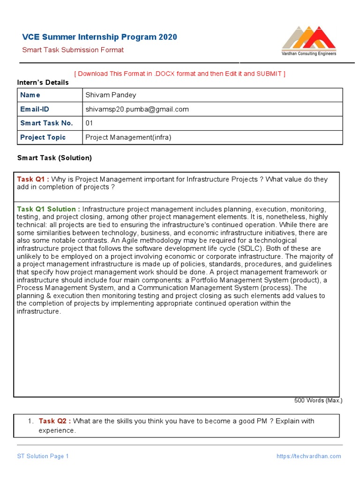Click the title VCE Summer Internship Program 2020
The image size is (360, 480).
pos(100,37)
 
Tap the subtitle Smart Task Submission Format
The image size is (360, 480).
pos(73,50)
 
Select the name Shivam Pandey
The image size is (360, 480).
pos(111,95)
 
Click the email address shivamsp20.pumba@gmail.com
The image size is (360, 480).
pos(137,109)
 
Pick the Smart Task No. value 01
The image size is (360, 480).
pos(90,123)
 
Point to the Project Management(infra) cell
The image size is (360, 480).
pos(128,137)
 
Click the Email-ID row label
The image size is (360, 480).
pos(35,109)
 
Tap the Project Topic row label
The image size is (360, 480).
pos(43,137)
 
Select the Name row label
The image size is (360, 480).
pos(30,95)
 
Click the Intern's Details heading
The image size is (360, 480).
pos(43,82)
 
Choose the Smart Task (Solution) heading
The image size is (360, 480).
pos(54,158)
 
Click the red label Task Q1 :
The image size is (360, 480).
pos(33,179)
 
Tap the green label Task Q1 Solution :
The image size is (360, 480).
pos(48,209)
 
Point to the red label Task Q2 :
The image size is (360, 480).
pos(55,421)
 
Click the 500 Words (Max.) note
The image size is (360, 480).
pos(318,401)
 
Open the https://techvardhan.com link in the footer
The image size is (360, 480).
pos(309,456)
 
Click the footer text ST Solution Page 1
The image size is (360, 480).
pos(43,456)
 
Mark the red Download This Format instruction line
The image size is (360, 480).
pos(180,74)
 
